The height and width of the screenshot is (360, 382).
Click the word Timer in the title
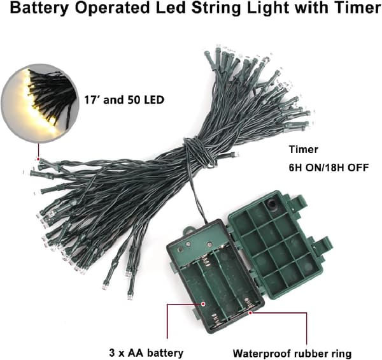(x=357, y=8)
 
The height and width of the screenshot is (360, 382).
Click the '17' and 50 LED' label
(x=124, y=100)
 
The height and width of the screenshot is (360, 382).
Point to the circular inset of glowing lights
(x=40, y=103)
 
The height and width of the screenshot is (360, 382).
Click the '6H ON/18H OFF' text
(x=329, y=168)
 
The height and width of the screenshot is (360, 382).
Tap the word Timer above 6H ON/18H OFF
(x=304, y=149)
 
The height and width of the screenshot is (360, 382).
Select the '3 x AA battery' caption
(x=146, y=353)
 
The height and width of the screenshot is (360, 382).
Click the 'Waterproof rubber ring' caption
(x=292, y=354)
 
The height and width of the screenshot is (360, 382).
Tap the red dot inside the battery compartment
(x=202, y=304)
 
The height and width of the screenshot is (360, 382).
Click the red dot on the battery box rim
(x=250, y=312)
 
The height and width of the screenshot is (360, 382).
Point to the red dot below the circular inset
(x=38, y=159)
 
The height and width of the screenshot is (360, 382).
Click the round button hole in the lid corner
(x=272, y=203)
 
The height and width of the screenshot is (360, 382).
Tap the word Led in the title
(x=171, y=8)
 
